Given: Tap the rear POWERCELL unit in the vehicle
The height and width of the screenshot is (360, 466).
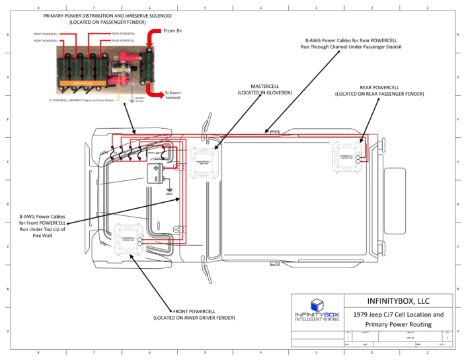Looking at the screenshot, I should [346, 158].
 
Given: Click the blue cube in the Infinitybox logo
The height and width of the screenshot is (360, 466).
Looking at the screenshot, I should [317, 304].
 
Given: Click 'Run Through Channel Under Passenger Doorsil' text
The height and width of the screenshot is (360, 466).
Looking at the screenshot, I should [352, 48].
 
